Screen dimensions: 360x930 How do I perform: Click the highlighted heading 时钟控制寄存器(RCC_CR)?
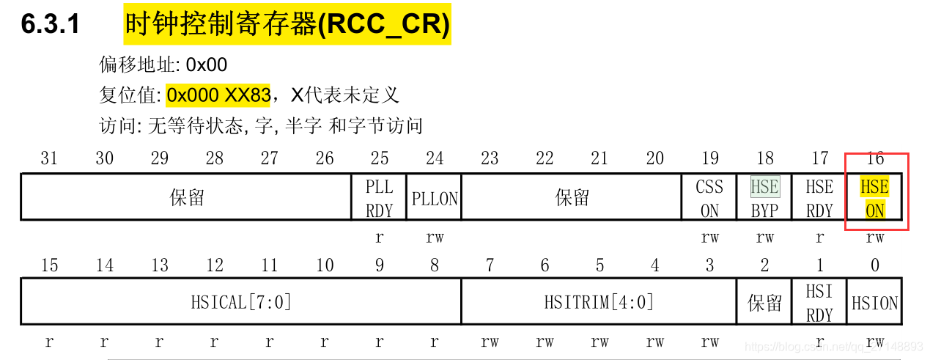287,24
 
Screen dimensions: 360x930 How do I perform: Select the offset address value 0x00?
207,65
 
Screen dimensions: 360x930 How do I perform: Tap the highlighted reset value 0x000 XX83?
218,95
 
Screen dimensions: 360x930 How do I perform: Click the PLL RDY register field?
379,198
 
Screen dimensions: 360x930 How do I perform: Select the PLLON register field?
435,198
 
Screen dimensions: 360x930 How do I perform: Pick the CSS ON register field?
709,198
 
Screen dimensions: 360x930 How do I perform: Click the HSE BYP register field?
764,198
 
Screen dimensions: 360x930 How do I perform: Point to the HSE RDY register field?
819,198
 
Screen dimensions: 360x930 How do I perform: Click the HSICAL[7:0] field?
241,301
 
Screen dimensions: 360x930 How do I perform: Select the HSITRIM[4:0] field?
599,301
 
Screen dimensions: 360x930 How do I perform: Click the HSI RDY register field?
819,302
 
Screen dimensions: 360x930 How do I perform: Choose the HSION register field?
875,302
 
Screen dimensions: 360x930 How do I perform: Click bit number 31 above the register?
49,158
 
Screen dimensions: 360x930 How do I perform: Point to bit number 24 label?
435,158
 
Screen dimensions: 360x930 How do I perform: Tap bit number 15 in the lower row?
49,265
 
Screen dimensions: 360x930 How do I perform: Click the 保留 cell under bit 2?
764,302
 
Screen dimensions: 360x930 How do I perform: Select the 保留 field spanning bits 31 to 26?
187,198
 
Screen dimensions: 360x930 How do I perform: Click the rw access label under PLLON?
435,238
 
